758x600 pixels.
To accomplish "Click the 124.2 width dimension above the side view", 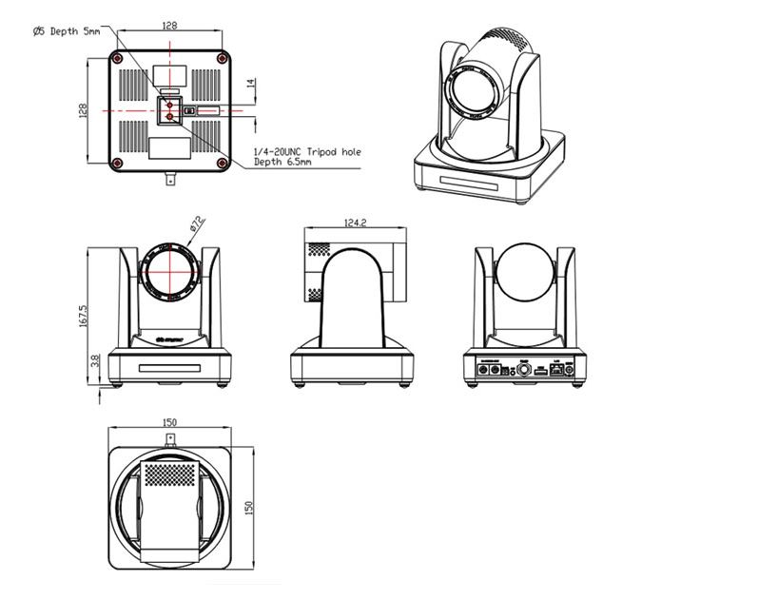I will (352, 223).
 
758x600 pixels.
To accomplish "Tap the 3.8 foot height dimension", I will (92, 362).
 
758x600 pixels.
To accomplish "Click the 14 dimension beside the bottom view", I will (250, 85).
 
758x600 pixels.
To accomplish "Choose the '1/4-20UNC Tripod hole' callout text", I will (307, 151).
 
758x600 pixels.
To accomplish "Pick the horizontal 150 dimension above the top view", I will (170, 421).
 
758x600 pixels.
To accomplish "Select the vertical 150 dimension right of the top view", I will (250, 508).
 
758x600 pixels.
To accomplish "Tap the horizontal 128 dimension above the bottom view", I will (169, 27).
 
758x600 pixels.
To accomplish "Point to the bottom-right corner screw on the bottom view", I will (222, 163).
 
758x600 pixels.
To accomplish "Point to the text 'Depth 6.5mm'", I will (282, 162).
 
